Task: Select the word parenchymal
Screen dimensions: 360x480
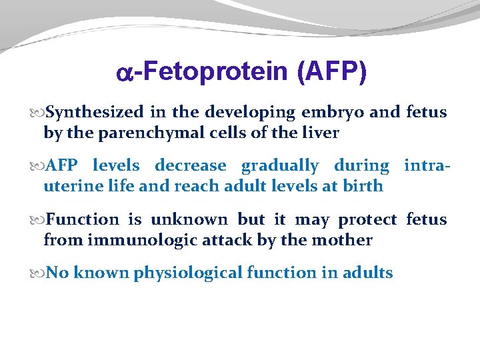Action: click(x=139, y=133)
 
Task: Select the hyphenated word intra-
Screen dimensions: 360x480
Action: click(x=427, y=165)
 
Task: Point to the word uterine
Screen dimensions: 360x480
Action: click(x=67, y=185)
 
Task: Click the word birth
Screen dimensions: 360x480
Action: click(x=363, y=185)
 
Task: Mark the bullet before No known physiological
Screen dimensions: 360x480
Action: click(x=37, y=273)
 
